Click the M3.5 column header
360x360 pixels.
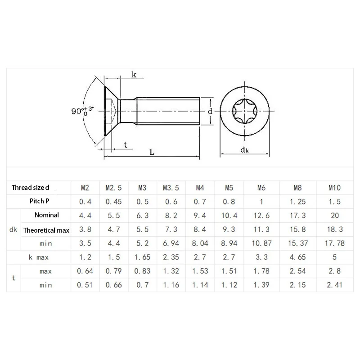pyautogui.click(x=171, y=188)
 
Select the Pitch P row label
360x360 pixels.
pyautogui.click(x=39, y=201)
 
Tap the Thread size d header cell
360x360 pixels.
pyautogui.click(x=30, y=188)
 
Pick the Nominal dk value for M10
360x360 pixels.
pyautogui.click(x=335, y=216)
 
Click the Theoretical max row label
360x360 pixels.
pyautogui.click(x=46, y=230)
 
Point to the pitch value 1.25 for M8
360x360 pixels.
pyautogui.click(x=297, y=202)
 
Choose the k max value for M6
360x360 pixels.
pyautogui.click(x=261, y=257)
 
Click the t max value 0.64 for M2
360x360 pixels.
pyautogui.click(x=85, y=271)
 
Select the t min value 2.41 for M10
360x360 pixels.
pyautogui.click(x=334, y=285)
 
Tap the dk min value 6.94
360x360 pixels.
pyautogui.click(x=171, y=243)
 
